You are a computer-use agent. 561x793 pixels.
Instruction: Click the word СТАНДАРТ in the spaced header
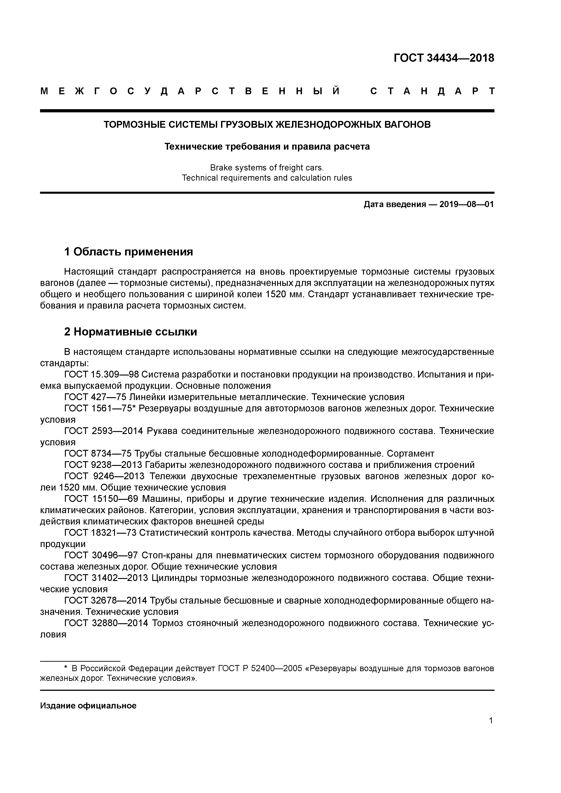[432, 91]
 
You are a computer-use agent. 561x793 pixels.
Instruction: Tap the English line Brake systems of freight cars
[267, 168]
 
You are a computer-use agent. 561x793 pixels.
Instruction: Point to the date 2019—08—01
[467, 205]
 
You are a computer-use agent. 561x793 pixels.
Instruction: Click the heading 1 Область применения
[128, 252]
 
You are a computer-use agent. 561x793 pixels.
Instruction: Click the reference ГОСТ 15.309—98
[101, 374]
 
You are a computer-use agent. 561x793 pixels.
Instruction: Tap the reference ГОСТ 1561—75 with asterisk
[101, 408]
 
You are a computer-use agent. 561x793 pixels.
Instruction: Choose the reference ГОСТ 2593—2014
[104, 431]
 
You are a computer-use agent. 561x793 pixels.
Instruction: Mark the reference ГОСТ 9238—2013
[104, 465]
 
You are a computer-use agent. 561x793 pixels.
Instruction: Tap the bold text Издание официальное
[88, 706]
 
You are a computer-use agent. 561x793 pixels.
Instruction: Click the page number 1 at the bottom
[491, 730]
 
